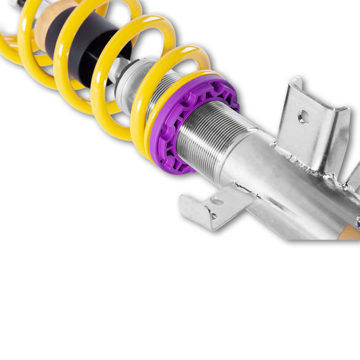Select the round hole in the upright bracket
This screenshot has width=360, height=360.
tap(304, 117)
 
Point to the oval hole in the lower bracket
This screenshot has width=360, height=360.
tap(217, 201)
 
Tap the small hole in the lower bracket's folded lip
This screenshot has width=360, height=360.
tap(213, 215)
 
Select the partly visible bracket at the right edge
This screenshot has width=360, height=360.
tap(353, 177)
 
